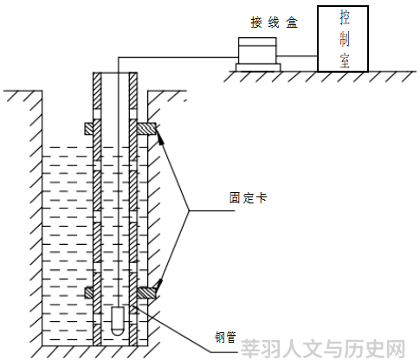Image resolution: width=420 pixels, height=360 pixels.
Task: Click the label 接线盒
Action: tap(274, 22)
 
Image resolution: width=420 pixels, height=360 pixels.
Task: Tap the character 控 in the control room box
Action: tap(345, 17)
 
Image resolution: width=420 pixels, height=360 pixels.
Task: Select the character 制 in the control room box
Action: tap(345, 39)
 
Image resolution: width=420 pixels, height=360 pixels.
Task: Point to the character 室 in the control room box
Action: tap(345, 61)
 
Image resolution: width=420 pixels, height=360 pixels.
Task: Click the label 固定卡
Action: tap(249, 198)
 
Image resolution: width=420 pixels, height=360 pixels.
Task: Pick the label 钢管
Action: tap(225, 337)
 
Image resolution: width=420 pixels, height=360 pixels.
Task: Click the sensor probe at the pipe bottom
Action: tap(118, 321)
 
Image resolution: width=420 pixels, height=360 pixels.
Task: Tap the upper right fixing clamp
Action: tap(146, 129)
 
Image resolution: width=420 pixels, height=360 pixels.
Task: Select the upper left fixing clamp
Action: tap(89, 129)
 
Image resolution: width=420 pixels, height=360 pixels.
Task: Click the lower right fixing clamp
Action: tap(146, 292)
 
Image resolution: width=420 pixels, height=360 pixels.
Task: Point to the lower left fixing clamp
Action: tap(89, 292)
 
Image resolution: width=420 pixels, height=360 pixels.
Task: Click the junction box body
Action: tap(257, 51)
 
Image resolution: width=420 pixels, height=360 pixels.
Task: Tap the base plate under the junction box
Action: tap(258, 67)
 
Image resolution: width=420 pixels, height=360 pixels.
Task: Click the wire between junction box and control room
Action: tap(297, 56)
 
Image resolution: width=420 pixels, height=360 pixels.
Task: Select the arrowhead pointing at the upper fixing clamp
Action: tap(160, 136)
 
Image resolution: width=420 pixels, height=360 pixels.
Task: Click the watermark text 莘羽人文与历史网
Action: tap(323, 349)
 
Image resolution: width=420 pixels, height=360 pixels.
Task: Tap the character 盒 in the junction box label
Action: tap(292, 22)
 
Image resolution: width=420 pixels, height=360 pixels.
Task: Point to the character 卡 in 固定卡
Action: tap(262, 198)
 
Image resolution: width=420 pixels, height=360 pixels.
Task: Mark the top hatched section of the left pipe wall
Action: tap(97, 91)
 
